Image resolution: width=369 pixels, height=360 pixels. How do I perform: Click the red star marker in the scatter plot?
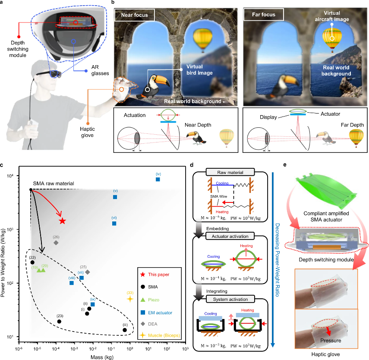[62, 221]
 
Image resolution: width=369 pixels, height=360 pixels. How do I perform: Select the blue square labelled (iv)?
[158, 179]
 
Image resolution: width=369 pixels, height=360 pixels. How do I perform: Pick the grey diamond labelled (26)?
[56, 243]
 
